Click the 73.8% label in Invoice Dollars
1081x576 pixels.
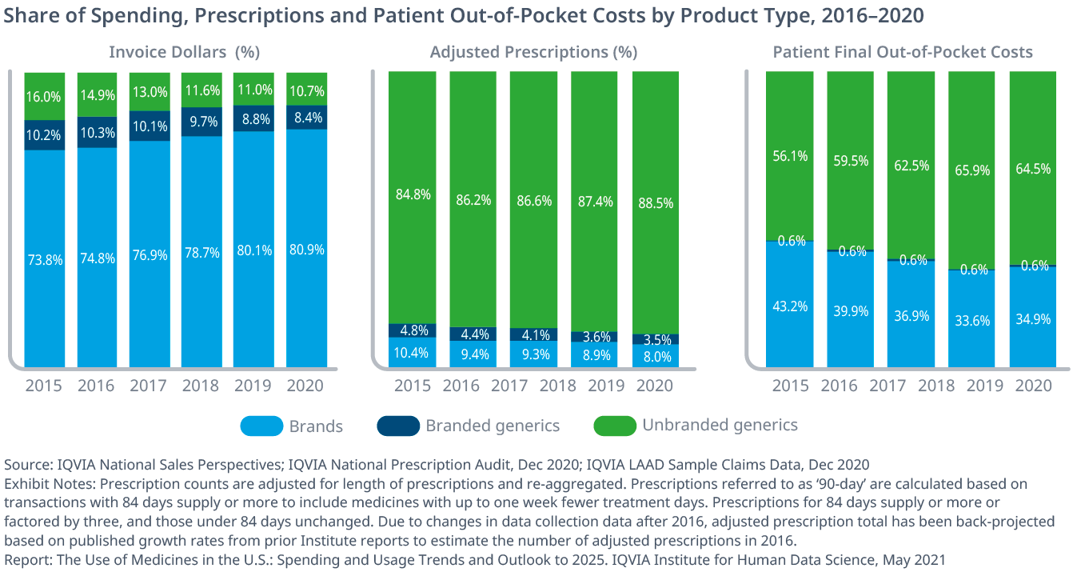tap(44, 259)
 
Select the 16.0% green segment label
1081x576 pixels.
tap(44, 97)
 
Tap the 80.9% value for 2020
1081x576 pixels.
tap(307, 249)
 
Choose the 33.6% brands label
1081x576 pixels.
tap(971, 321)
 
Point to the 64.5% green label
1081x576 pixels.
tap(1032, 169)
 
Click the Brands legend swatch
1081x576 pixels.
tap(261, 426)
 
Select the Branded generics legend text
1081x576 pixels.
tap(493, 426)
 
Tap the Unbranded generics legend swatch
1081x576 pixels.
tap(615, 426)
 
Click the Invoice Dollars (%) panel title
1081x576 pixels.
tap(185, 53)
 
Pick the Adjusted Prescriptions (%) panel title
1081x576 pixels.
tap(533, 53)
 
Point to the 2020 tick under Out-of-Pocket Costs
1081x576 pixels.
tap(1032, 386)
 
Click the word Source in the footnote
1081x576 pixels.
tap(25, 465)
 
